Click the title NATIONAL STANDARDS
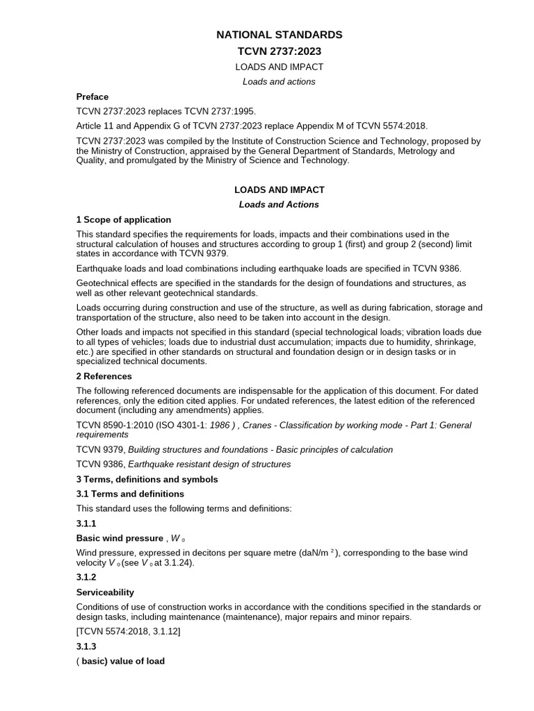coord(279,35)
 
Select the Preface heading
coord(92,97)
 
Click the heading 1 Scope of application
coord(124,219)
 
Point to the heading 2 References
coord(104,376)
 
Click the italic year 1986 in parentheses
coord(224,425)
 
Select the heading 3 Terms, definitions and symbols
coord(147,479)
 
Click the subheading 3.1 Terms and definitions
coord(130,494)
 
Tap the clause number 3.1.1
coord(86,523)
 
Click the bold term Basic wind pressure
coord(119,537)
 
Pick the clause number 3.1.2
coord(86,577)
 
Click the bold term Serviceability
coord(105,592)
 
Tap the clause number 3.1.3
coord(86,646)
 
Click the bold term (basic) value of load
coord(120,661)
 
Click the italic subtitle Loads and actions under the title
coord(279,82)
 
